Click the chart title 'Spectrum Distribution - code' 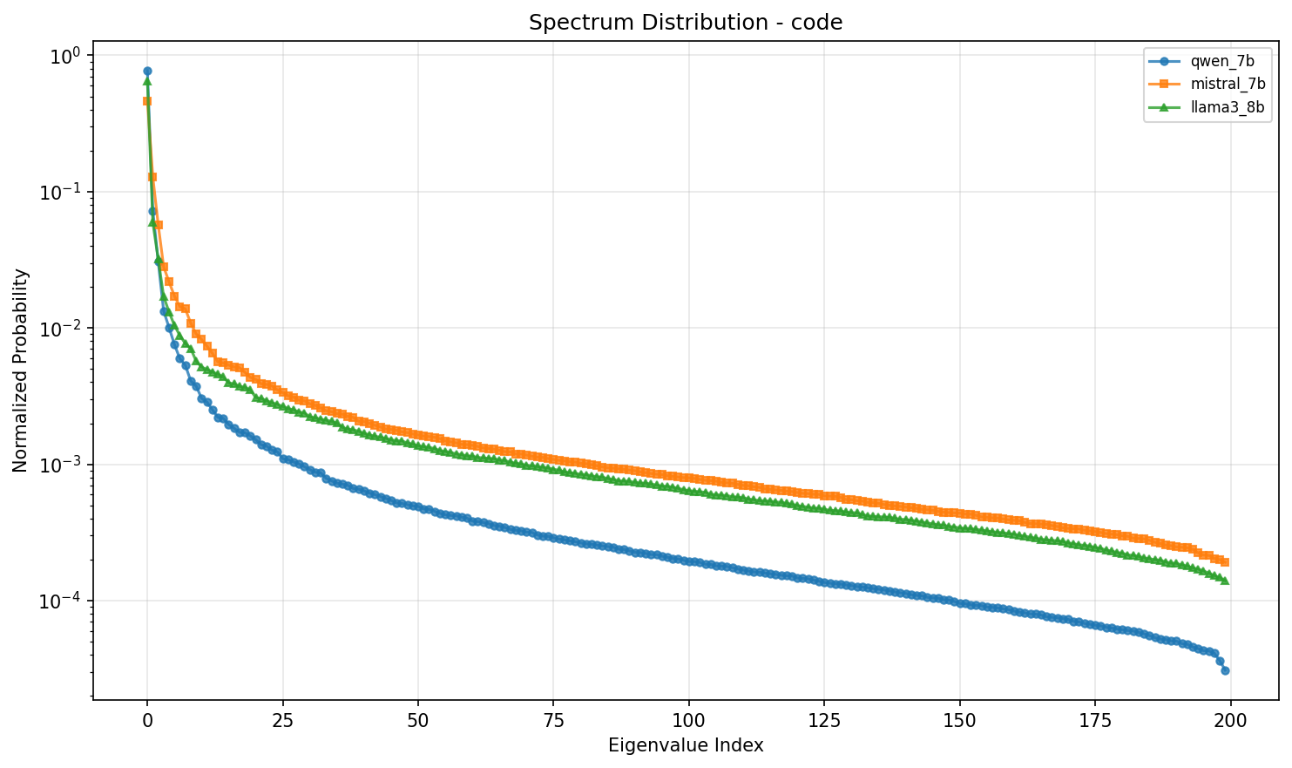coord(686,23)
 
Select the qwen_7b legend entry coord(1207,61)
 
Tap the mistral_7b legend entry coord(1207,84)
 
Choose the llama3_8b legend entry coord(1207,106)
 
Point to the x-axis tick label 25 coord(282,721)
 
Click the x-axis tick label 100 coord(688,721)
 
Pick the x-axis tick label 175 coord(1095,721)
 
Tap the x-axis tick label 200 coord(1230,721)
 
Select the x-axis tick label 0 coord(147,721)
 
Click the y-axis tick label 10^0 coord(64,57)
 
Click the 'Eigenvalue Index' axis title coord(686,745)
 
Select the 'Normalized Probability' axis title coord(20,370)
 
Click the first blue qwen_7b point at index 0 coord(147,71)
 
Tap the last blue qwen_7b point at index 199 coord(1225,670)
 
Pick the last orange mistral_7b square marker coord(1225,562)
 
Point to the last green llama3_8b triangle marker coord(1225,581)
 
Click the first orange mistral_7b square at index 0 coord(147,101)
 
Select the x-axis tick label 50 coord(418,721)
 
